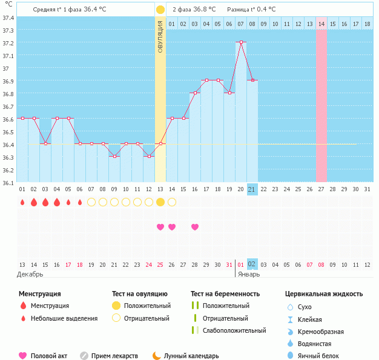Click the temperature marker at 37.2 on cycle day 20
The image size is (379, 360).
pos(241,42)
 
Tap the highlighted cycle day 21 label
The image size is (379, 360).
pos(252,189)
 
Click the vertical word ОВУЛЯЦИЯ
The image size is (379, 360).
pos(160,36)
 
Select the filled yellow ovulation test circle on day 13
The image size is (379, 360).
pos(160,202)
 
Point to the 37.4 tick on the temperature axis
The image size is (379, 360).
pos(8,18)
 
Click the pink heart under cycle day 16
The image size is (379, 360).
pos(195,227)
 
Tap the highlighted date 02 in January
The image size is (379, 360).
pos(252,264)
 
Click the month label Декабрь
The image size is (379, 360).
pos(31,274)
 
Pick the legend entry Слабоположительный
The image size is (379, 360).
pos(234,330)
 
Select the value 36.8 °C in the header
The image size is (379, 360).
pos(208,10)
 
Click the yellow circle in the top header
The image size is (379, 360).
pos(160,10)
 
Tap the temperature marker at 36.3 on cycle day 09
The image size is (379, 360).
pos(114,156)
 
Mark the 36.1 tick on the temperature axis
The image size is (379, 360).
pos(8,182)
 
